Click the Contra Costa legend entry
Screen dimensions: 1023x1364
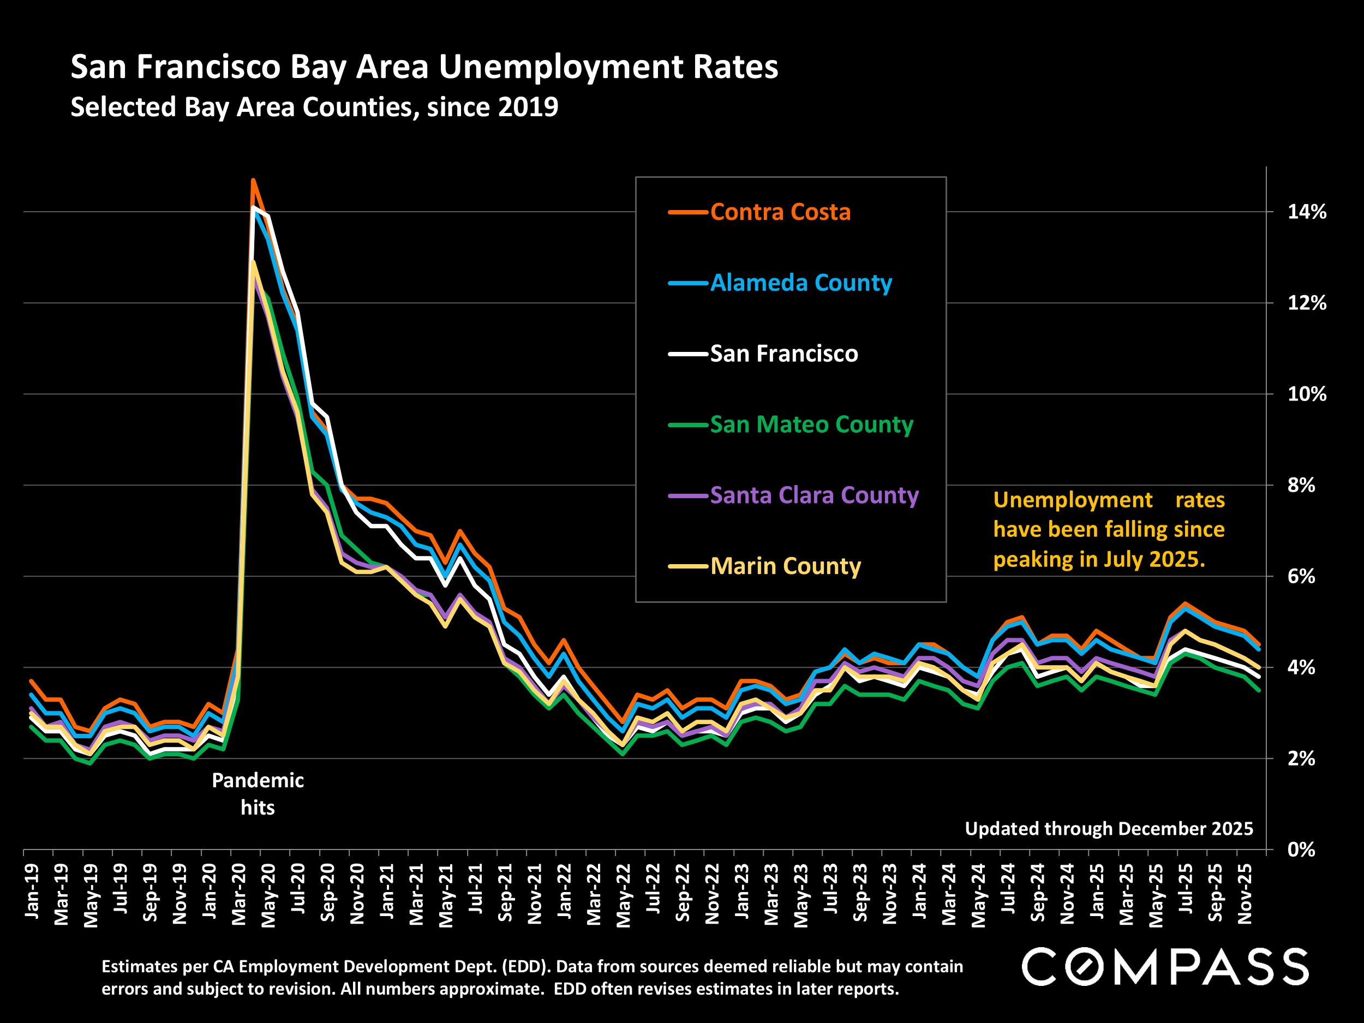[x=780, y=212]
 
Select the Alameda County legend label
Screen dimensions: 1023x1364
[x=800, y=283]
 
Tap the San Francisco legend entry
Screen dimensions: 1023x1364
[x=783, y=354]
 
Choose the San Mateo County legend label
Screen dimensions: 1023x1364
[x=811, y=425]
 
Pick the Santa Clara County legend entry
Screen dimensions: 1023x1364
[x=814, y=495]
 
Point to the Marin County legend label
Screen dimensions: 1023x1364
[x=785, y=566]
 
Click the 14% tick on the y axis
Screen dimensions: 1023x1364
[x=1306, y=212]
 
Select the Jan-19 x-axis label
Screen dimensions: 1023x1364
[x=32, y=890]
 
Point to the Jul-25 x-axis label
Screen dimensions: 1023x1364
[x=1186, y=890]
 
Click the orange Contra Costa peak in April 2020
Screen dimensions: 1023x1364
[x=253, y=180]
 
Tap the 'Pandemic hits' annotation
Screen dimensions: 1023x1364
[x=257, y=794]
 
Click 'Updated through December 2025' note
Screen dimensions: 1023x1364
[x=1108, y=828]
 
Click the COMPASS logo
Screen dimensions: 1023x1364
[x=1165, y=967]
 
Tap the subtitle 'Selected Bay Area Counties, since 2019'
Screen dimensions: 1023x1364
[x=314, y=107]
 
